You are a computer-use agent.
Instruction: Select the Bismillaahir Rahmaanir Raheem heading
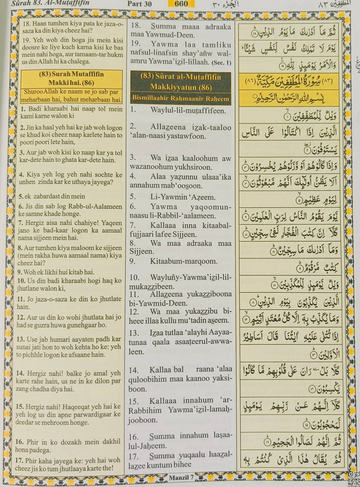(180, 99)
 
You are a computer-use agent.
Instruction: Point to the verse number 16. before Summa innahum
(134, 437)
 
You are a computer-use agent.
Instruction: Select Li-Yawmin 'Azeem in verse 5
(181, 197)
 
